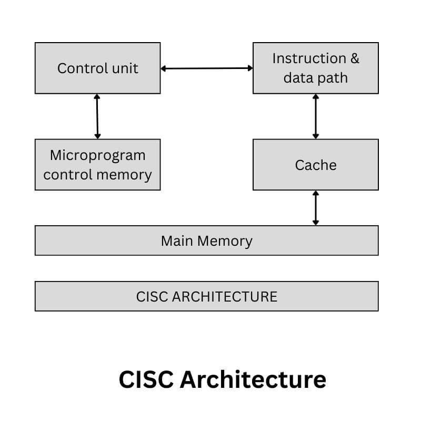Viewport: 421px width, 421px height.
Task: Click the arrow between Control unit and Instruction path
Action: (x=206, y=68)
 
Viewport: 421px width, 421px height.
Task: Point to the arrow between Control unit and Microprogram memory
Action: (x=97, y=116)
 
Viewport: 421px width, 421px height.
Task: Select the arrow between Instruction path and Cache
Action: (x=315, y=116)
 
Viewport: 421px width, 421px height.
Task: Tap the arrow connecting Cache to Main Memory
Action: (x=315, y=208)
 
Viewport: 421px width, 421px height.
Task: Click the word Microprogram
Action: (x=97, y=156)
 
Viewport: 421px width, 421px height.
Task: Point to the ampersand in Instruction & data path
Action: (x=354, y=58)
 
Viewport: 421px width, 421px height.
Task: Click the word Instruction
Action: (x=308, y=58)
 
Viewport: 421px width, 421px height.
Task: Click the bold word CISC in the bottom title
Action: (x=145, y=379)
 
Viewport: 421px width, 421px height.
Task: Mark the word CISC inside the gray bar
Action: (x=152, y=296)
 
